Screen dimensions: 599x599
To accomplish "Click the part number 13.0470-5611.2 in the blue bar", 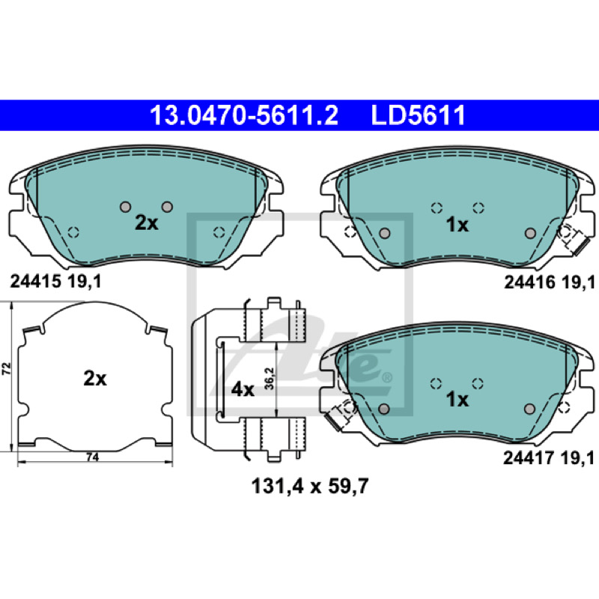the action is [x=244, y=115].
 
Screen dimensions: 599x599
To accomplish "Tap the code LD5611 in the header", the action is [x=419, y=115].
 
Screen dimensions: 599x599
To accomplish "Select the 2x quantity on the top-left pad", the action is [x=146, y=222].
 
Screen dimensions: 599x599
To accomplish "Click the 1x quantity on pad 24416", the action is [x=457, y=225].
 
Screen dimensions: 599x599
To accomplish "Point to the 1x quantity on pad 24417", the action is [x=457, y=400].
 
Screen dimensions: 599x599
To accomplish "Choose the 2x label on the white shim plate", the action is [x=95, y=379].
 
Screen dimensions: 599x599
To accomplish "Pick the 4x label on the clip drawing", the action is [x=243, y=390].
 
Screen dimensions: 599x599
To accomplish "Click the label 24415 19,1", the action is [x=55, y=282].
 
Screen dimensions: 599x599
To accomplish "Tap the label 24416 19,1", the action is [x=550, y=282].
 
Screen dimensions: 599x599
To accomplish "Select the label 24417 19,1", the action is [x=549, y=457].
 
